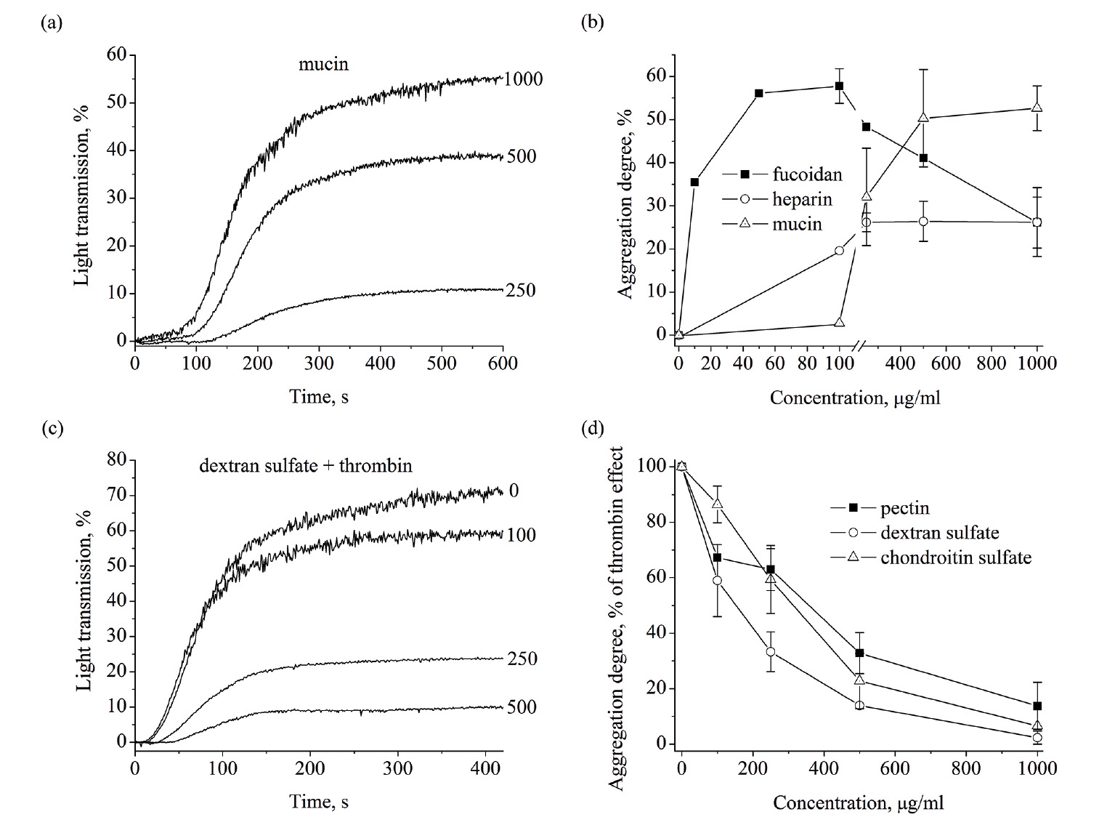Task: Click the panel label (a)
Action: tap(52, 23)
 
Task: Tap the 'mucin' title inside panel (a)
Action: tap(323, 64)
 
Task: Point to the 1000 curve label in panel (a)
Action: tap(523, 79)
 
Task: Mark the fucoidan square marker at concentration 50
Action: tap(758, 93)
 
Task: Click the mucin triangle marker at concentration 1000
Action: tap(1037, 108)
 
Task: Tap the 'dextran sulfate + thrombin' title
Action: tap(305, 465)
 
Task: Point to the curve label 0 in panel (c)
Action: tap(514, 491)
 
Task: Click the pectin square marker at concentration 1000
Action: tap(1037, 706)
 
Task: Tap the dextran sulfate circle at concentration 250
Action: tap(770, 651)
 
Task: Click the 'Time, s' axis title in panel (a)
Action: tap(319, 396)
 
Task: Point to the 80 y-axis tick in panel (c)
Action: tap(117, 459)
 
